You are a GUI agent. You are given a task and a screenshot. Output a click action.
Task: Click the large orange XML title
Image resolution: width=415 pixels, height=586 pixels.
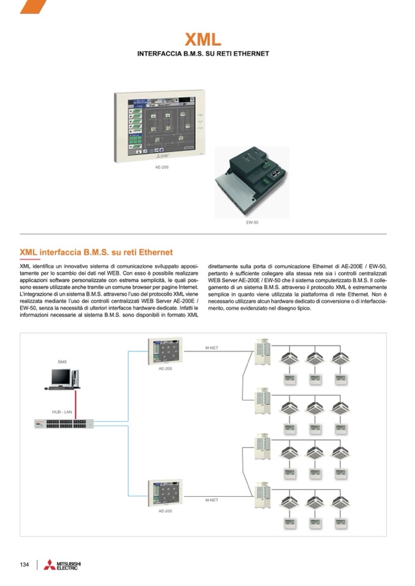click(x=203, y=40)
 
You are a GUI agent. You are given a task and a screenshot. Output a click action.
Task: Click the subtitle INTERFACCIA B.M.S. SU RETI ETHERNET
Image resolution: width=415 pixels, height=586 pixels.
click(x=203, y=54)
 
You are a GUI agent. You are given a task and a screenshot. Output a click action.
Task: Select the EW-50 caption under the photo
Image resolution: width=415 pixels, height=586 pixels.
click(x=252, y=222)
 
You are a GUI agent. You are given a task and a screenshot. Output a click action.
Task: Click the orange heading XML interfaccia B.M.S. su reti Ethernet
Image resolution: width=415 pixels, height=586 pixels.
click(x=96, y=252)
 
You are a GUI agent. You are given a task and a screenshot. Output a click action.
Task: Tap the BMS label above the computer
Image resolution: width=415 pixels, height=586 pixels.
click(x=62, y=362)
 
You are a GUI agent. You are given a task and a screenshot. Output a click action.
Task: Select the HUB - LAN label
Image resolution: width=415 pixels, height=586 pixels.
click(x=62, y=412)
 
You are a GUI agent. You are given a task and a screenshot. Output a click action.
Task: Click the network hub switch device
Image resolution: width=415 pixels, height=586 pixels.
click(x=64, y=423)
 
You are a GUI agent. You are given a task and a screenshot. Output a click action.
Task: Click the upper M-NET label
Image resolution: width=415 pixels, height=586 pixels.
click(x=212, y=348)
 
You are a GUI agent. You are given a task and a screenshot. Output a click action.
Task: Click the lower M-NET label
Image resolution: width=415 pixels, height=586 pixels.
click(x=212, y=500)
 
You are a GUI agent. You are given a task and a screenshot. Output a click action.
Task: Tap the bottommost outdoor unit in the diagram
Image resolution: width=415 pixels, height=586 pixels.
click(x=262, y=495)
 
